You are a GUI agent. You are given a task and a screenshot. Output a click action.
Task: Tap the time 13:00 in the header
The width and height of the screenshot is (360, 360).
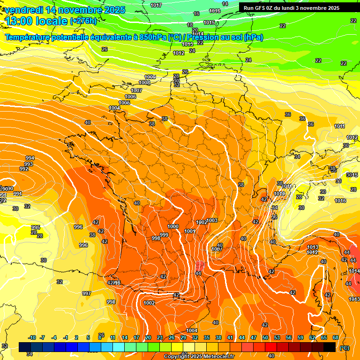(19, 21)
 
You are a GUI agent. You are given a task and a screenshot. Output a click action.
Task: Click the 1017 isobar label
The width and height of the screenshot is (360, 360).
(156, 5)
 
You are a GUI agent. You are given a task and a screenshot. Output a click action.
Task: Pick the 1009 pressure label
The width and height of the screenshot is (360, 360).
(150, 77)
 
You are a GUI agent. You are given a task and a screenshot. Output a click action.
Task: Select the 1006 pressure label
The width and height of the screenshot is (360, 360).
(130, 97)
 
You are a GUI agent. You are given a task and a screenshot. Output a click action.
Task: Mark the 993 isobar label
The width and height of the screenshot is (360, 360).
(29, 164)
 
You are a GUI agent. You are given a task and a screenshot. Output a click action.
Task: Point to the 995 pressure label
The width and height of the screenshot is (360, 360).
(36, 227)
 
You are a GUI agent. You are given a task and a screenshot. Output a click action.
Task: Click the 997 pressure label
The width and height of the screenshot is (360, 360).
(87, 293)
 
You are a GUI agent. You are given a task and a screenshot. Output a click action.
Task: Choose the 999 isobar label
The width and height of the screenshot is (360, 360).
(164, 235)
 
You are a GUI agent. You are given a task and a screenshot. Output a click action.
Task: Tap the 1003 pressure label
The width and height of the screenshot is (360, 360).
(212, 220)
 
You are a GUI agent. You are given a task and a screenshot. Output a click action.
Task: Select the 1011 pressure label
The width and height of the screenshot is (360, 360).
(339, 126)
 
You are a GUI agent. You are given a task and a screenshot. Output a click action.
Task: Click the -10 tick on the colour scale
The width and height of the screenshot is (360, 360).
(32, 338)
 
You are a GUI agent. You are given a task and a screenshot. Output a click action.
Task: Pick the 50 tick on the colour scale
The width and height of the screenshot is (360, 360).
(265, 338)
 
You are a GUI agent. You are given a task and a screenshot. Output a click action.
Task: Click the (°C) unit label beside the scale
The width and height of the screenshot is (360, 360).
(344, 348)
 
